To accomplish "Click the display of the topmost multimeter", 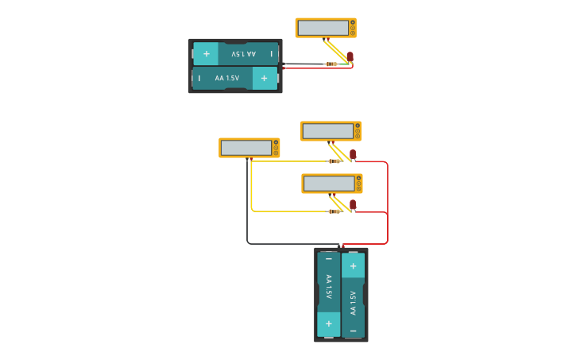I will [x=323, y=28].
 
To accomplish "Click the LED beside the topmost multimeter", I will [x=350, y=56].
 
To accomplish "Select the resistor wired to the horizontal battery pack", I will [x=331, y=64].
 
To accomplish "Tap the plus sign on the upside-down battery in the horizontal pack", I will [x=206, y=54].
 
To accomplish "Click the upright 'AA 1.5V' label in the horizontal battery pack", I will [x=227, y=78].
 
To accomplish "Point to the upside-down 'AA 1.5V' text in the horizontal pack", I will [x=243, y=54].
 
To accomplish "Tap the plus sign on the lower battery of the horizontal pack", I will [x=264, y=78].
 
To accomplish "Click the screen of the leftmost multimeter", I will [x=246, y=148].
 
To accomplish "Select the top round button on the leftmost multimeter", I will [x=276, y=141].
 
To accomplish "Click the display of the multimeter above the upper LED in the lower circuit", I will [x=328, y=131].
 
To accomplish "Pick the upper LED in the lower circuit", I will [x=353, y=153].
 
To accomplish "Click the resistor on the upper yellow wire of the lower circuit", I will [x=334, y=161].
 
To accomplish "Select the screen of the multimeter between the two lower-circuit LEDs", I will [x=329, y=184].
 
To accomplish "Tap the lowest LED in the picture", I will [x=353, y=204].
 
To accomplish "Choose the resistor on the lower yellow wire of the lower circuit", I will [x=334, y=211].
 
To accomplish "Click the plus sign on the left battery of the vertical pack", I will [x=329, y=324].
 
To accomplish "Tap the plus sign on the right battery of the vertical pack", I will [x=353, y=265].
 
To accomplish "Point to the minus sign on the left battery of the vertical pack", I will [x=329, y=259].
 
